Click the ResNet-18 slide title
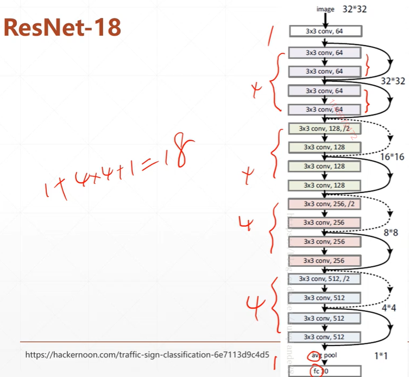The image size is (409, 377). [62, 27]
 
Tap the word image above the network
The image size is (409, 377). [325, 9]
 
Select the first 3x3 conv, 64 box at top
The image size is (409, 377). [324, 31]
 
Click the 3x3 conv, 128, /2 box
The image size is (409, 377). [324, 129]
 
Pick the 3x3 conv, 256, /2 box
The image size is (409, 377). [324, 204]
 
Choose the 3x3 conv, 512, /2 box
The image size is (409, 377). [324, 279]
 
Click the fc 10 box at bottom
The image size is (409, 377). [324, 371]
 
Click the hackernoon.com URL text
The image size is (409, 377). [147, 355]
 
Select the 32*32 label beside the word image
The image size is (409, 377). [356, 9]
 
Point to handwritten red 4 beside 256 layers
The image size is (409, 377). [248, 223]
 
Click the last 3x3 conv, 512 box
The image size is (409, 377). [324, 336]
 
